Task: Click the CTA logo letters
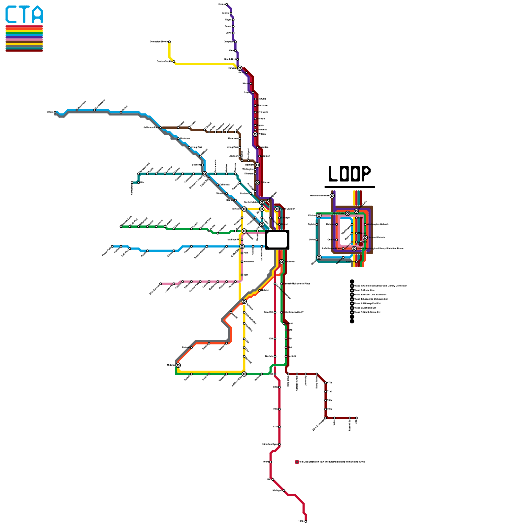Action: point(24,15)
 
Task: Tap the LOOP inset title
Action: point(349,174)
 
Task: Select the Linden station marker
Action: point(226,4)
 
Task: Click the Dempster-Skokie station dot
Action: point(169,42)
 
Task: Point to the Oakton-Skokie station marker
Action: point(174,62)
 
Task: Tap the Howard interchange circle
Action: point(240,68)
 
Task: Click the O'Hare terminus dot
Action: point(55,112)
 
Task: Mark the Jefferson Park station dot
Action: point(160,127)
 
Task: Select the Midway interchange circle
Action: point(178,365)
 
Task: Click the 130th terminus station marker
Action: point(306,521)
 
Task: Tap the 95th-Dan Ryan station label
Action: point(270,445)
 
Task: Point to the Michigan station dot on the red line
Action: point(284,491)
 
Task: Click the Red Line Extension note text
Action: point(332,462)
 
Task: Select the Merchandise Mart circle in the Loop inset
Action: point(332,196)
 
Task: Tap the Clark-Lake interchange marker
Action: point(347,214)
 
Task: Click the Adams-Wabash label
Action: point(377,237)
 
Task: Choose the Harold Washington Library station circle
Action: point(354,248)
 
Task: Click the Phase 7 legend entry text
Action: point(367,312)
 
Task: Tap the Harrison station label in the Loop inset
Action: point(350,262)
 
